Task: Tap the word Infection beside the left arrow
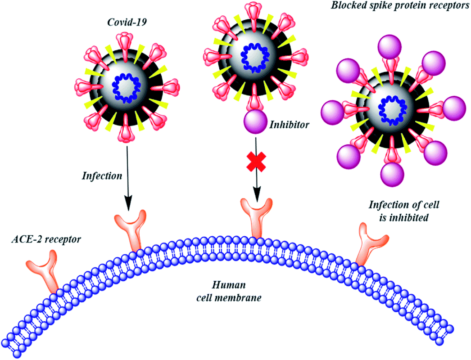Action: (102, 175)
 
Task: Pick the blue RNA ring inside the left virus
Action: (127, 86)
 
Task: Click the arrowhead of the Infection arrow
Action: (128, 205)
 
